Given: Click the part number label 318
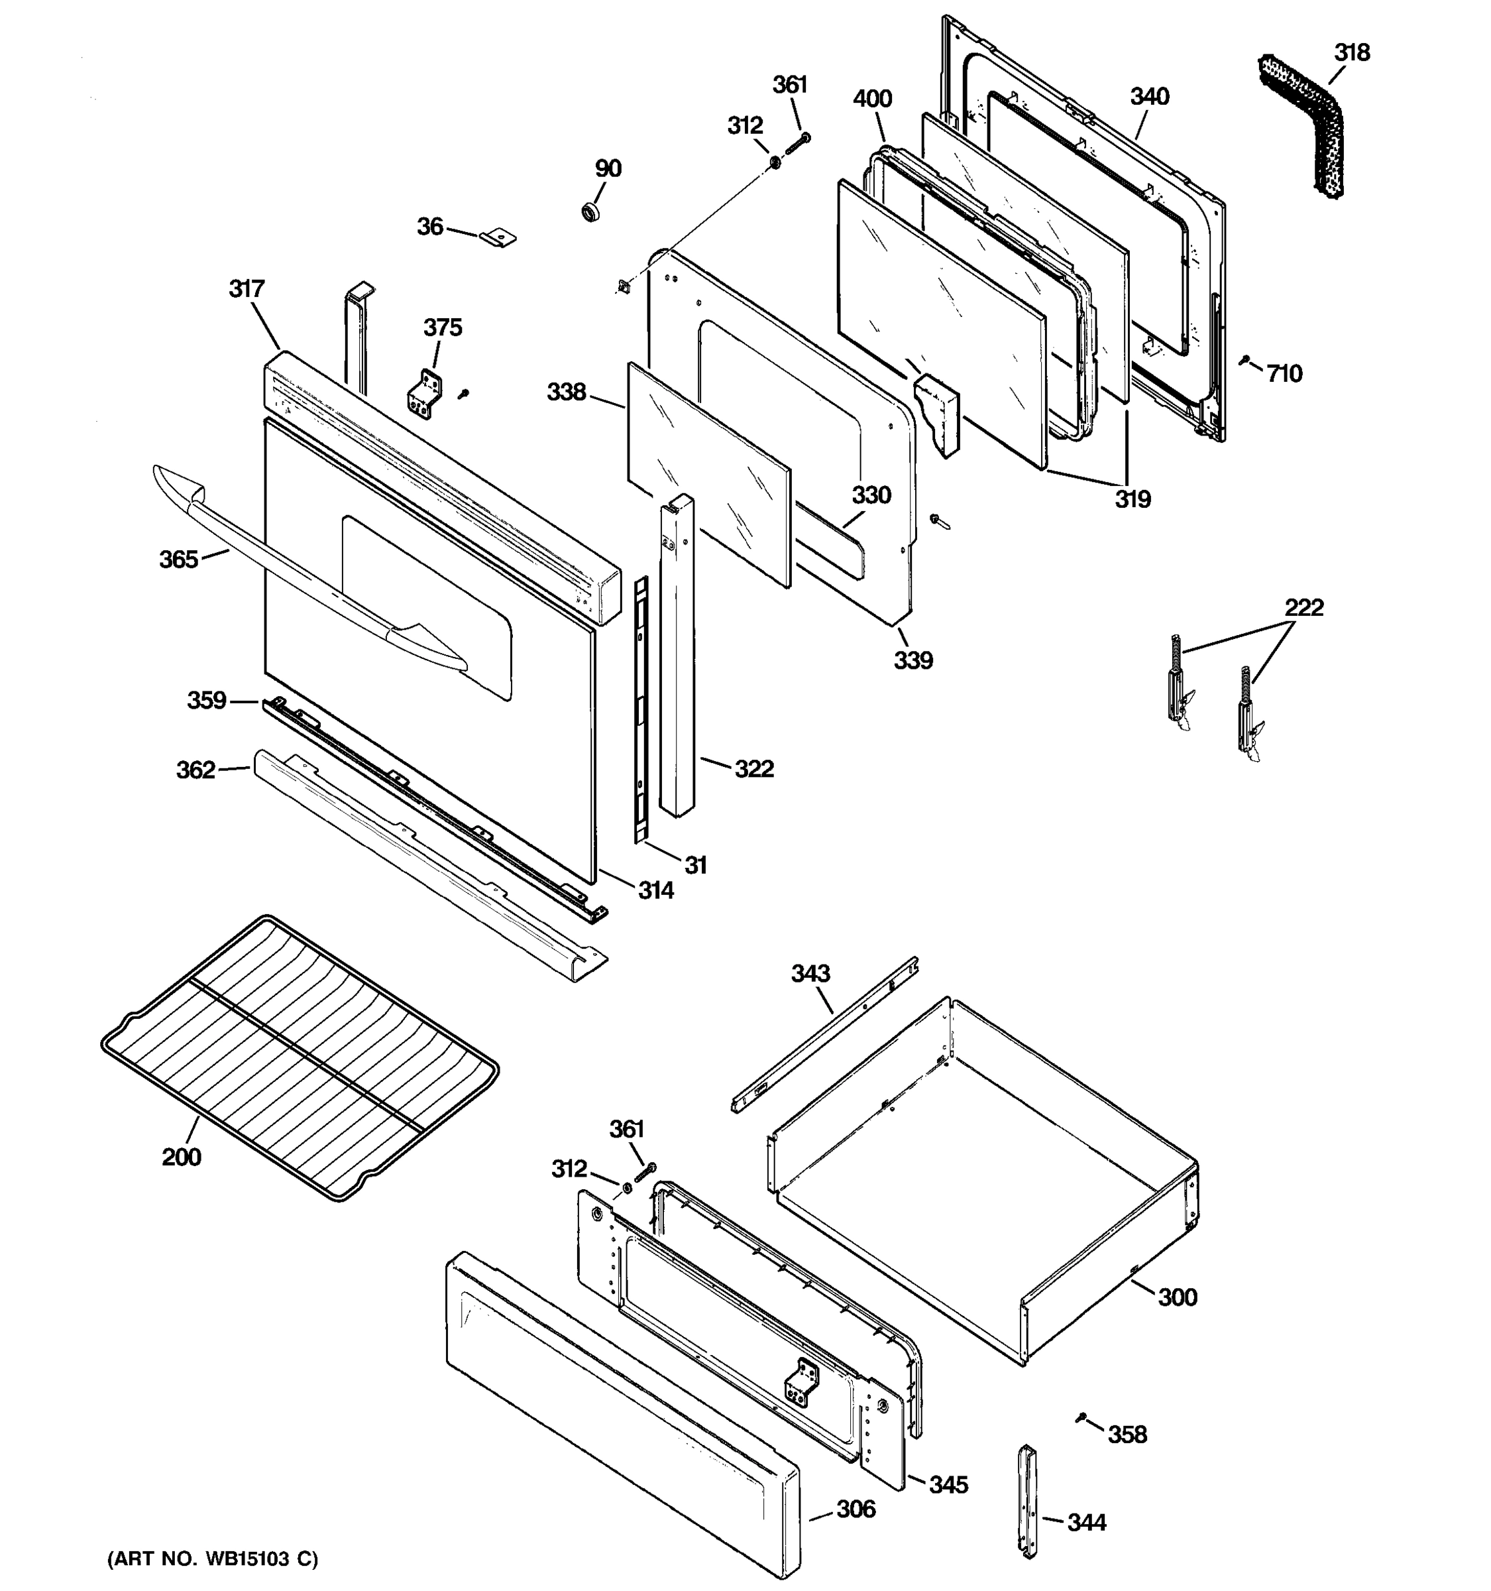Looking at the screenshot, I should click(x=1352, y=53).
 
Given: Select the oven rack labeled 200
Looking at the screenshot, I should click(x=300, y=1057).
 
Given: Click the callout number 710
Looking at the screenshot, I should click(x=1285, y=374).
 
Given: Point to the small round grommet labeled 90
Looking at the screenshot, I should click(x=591, y=213).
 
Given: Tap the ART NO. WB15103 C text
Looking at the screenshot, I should click(x=213, y=1559).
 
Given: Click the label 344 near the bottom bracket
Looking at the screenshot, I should click(x=1086, y=1522).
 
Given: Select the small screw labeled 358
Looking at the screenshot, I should click(x=1081, y=1417).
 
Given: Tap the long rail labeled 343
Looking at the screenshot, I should click(x=824, y=1034).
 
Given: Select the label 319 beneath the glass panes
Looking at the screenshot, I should click(x=1132, y=499).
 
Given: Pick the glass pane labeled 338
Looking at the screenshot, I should click(x=708, y=472).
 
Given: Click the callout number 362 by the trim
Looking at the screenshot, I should click(x=196, y=770).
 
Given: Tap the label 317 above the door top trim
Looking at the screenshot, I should click(x=247, y=289).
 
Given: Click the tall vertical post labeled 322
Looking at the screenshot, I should click(x=677, y=656).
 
